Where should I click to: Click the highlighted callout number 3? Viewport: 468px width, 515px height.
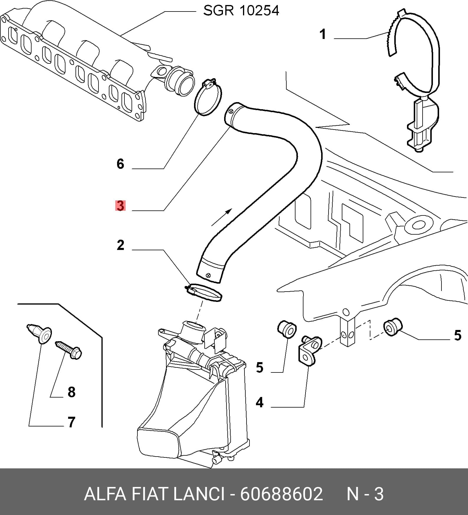coord(120,206)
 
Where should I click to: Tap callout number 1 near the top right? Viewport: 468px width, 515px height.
coord(323,34)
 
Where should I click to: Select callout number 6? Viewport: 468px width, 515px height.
coord(120,164)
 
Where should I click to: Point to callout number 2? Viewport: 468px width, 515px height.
coord(120,245)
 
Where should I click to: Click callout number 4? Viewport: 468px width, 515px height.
coord(260,402)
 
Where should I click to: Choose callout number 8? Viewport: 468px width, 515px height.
coord(72,392)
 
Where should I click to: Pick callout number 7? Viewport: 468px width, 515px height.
coord(72,422)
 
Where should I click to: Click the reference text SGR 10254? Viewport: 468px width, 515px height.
coord(241,11)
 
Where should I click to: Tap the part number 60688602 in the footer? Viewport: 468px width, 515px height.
coord(282,494)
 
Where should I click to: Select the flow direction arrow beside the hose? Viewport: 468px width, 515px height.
coord(222,217)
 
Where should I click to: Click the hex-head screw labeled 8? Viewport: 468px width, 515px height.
coord(68,350)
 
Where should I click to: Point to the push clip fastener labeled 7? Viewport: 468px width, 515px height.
coord(40,333)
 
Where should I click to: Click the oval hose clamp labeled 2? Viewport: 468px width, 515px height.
coord(203,292)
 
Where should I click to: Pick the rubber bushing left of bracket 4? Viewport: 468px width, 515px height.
coord(287,329)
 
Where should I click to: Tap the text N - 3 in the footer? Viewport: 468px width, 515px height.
coord(365,494)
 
